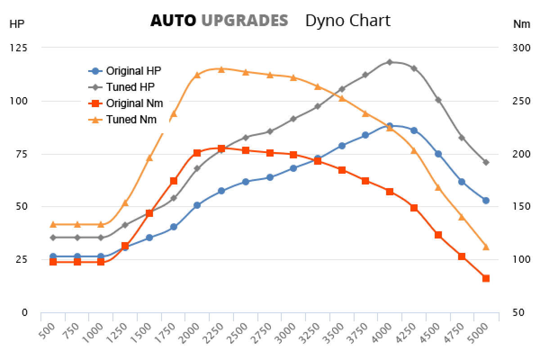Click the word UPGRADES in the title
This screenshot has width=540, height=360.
pos(245,20)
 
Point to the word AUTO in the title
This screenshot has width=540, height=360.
pos(173,20)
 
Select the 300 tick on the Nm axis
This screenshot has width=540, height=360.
pos(521,48)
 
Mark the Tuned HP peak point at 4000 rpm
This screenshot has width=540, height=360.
pos(390,62)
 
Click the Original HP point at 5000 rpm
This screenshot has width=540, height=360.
pos(486,200)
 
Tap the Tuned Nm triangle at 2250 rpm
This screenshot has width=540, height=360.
pos(221,69)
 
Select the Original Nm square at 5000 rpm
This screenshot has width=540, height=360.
pos(486,279)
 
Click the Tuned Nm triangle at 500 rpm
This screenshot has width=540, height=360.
pos(53,224)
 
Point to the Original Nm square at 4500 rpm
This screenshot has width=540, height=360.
pos(438,235)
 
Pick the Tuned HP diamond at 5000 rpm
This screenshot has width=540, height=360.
pos(486,162)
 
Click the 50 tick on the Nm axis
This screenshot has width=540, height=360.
pos(518,313)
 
